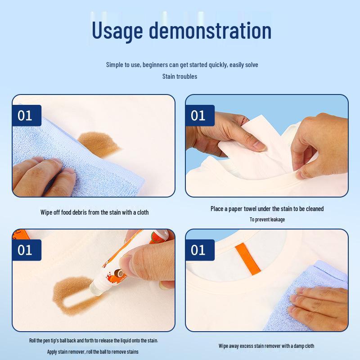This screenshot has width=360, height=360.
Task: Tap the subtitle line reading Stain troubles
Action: tap(180, 76)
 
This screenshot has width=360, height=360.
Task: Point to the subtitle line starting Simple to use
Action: tap(182, 65)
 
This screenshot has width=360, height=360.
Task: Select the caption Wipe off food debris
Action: tap(94, 212)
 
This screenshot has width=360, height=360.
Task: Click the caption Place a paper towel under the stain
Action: tap(267, 209)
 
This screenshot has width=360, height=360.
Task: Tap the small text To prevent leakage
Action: tap(267, 220)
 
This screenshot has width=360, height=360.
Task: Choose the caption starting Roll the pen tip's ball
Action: tap(94, 341)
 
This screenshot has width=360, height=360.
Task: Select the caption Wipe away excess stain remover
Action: tap(266, 346)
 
